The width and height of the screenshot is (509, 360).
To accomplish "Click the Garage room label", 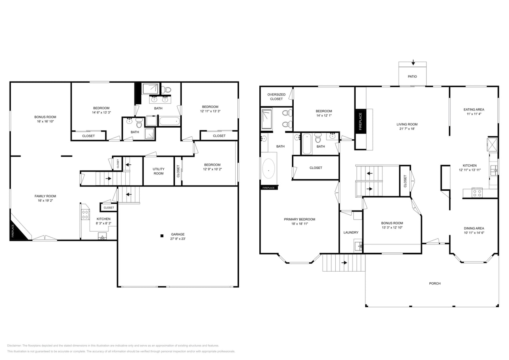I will coord(178,234).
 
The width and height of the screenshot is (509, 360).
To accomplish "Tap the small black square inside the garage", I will coord(162,236).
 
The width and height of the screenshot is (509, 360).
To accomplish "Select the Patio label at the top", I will coord(412,76).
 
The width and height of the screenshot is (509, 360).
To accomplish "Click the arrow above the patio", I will coord(413,63).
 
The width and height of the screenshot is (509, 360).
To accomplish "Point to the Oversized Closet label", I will coord(276,97).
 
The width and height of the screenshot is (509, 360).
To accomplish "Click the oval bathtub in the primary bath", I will coord(268,169).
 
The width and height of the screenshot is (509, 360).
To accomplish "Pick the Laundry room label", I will coord(351,232).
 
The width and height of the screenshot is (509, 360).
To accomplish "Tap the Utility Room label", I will coord(158,171).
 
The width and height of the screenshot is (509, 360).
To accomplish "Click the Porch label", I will coord(435,284).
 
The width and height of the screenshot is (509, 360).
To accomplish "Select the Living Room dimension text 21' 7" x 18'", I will coord(407,129).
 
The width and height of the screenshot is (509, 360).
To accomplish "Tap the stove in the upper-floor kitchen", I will coord(477,193).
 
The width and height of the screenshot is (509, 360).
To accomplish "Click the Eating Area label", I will coord(474,110).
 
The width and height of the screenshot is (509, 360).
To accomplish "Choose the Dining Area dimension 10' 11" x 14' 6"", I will coord(474,233).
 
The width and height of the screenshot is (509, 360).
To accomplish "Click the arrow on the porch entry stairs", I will coord(344,263).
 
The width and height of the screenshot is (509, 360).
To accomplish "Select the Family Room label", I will coord(45,196).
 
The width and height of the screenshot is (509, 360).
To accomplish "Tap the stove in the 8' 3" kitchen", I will coord(85,214).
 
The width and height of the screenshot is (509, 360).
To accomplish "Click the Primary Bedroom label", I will coord(299,219).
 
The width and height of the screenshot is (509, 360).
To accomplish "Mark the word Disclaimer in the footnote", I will coord(14,346).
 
